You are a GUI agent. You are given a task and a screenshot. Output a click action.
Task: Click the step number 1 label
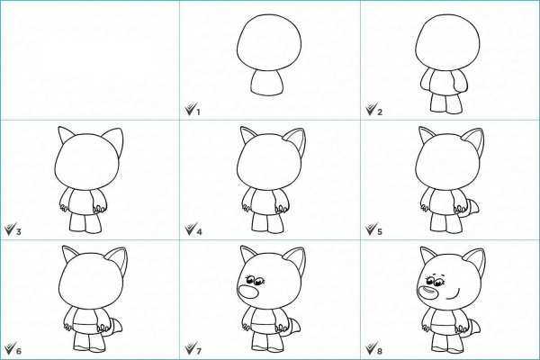(x=198, y=112)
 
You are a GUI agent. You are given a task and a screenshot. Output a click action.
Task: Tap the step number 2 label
(x=380, y=112)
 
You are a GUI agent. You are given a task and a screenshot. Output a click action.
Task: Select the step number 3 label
(x=19, y=231)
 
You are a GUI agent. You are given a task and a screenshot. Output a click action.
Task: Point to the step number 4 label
(x=199, y=231)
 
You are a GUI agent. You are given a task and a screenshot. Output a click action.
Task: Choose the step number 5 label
(x=380, y=231)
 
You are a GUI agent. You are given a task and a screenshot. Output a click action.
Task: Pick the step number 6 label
(x=19, y=351)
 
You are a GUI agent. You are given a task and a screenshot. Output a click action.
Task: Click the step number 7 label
(x=199, y=351)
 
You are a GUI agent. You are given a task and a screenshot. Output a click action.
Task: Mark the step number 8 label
(x=380, y=351)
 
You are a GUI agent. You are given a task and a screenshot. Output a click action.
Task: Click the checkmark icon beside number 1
(x=190, y=109)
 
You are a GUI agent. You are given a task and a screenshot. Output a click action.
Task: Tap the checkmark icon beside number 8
(x=371, y=348)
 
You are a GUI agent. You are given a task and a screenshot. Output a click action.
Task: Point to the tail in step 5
(x=472, y=210)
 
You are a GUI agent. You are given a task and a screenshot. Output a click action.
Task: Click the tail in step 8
(x=472, y=328)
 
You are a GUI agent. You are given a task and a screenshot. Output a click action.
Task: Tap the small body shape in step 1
(x=267, y=82)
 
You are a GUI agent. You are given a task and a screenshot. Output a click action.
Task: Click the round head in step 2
(x=447, y=41)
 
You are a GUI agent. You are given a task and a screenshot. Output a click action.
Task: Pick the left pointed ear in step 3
(x=66, y=135)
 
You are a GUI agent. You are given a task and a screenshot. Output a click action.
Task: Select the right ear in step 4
(x=295, y=141)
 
